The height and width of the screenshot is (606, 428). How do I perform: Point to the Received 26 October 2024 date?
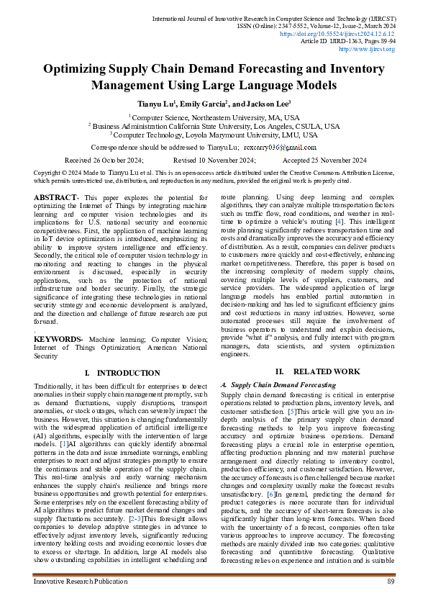click(x=104, y=160)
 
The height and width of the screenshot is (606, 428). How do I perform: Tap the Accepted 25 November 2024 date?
click(x=324, y=160)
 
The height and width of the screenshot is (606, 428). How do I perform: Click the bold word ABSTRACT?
click(x=56, y=196)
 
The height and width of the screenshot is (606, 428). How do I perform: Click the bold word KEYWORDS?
click(x=58, y=338)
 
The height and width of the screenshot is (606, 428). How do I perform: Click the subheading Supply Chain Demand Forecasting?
click(x=283, y=385)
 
